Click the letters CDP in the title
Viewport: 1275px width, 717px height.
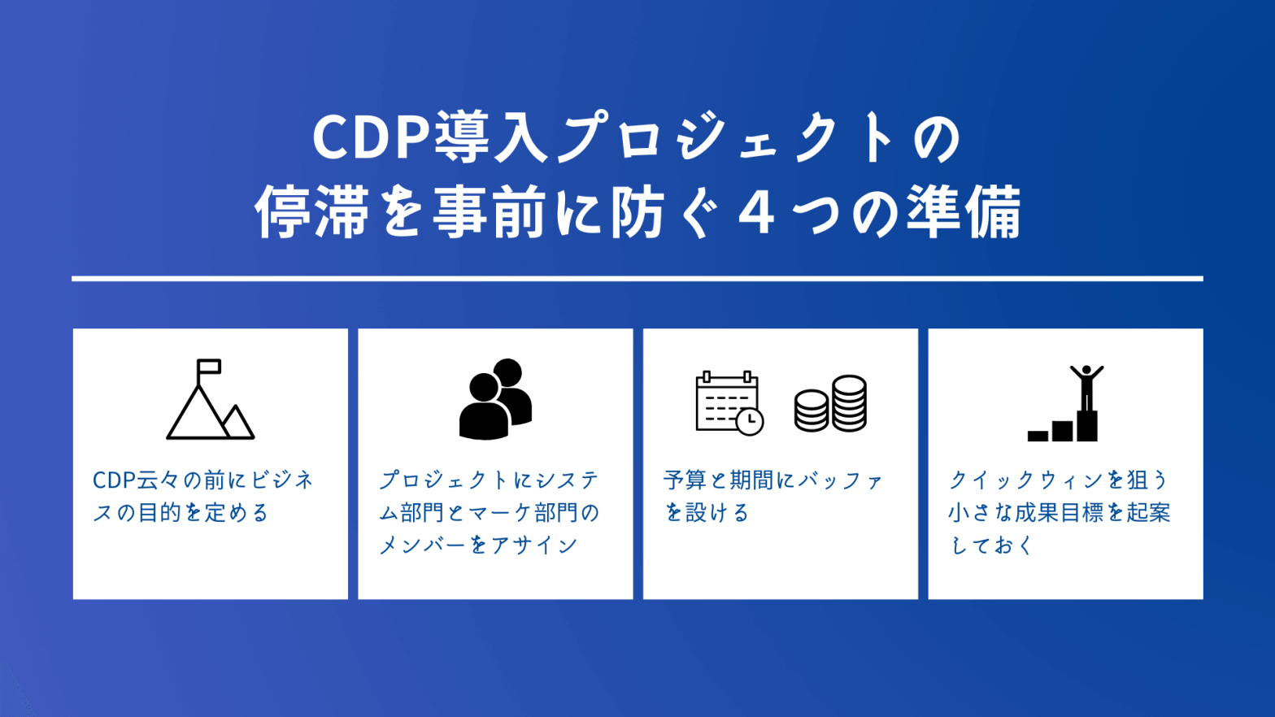[372, 138]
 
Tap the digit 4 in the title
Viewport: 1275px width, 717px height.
[756, 213]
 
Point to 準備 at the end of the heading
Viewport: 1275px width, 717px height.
[964, 212]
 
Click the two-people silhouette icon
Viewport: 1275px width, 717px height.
[496, 399]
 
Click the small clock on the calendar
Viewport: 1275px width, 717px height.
[750, 421]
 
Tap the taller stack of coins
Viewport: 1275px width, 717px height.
[849, 403]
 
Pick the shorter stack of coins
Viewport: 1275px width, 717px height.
[812, 411]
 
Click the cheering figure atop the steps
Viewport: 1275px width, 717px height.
[1086, 388]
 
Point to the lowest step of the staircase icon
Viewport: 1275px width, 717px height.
[1038, 436]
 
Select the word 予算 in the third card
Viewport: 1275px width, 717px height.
[685, 480]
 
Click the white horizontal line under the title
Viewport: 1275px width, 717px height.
[637, 279]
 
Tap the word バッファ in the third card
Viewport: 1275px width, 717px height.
[840, 480]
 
